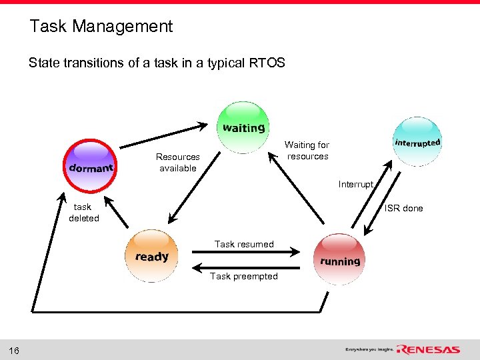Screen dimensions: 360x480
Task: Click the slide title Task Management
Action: click(x=101, y=27)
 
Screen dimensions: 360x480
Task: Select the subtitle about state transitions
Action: click(x=157, y=63)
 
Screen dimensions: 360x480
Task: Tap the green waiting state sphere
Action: click(x=243, y=127)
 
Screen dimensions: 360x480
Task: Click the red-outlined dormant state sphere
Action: click(x=91, y=167)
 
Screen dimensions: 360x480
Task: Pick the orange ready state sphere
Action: click(x=152, y=256)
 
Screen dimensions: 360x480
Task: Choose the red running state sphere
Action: click(x=339, y=260)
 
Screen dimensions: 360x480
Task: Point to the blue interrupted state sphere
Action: click(x=417, y=142)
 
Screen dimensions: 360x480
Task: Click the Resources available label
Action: click(x=178, y=163)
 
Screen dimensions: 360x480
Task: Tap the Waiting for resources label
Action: click(x=307, y=151)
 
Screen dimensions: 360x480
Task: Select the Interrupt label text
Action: click(x=356, y=184)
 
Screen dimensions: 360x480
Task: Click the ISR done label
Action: click(x=403, y=208)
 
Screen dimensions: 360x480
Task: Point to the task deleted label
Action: click(x=83, y=213)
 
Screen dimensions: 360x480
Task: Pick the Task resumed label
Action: click(x=244, y=244)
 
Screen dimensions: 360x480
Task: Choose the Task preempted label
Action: click(x=244, y=276)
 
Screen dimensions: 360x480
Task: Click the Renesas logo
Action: click(x=428, y=349)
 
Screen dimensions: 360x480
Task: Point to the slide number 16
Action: click(x=14, y=351)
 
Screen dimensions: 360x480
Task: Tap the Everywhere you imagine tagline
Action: click(x=369, y=349)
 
